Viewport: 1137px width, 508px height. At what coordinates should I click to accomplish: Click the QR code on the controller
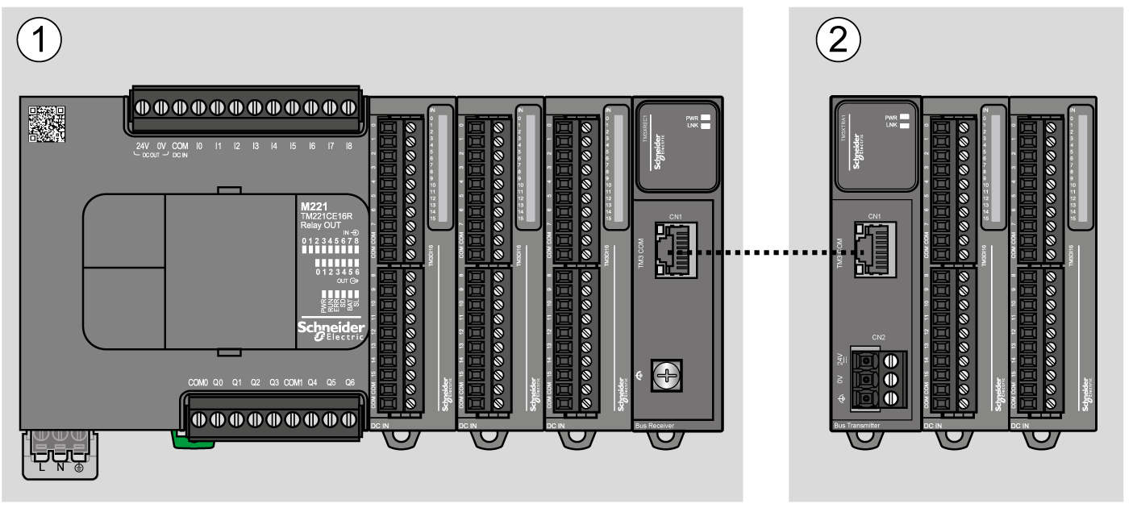(47, 124)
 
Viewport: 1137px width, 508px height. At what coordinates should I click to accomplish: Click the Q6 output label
(349, 382)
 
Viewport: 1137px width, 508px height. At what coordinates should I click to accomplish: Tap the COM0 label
(198, 382)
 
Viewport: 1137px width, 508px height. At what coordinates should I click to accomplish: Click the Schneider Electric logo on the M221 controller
(331, 331)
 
